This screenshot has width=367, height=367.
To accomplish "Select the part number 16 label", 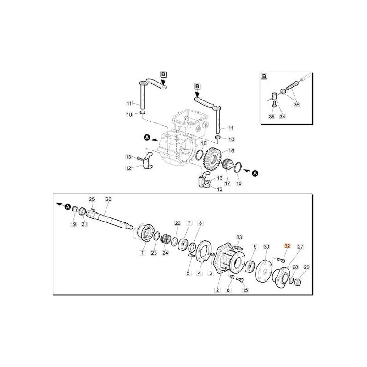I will [231, 150].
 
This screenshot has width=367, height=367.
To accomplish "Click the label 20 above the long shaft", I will [108, 200].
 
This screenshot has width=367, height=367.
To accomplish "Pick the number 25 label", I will [91, 199].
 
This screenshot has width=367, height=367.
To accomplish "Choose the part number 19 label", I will [73, 224].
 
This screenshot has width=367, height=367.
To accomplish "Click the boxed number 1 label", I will [142, 253].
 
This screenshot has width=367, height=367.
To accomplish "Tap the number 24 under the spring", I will [165, 253].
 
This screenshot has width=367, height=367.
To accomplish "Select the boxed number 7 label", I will [188, 223].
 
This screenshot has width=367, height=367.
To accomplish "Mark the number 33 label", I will [239, 237].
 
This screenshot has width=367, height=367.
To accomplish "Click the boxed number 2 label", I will [217, 290].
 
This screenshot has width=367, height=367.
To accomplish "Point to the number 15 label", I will [245, 290].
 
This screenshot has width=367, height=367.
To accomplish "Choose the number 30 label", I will [267, 246].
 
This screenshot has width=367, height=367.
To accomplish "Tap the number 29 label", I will [307, 267].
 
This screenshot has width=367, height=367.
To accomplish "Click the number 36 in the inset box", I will [297, 104].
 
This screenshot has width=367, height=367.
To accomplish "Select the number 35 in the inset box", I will [272, 117].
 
